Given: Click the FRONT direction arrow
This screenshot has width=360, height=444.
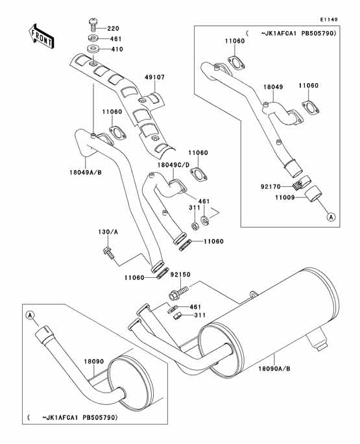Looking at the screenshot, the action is [42, 36].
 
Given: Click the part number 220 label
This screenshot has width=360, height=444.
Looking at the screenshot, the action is [114, 29].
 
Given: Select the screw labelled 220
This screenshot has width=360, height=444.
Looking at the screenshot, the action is [93, 25].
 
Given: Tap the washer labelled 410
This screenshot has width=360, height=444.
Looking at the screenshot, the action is [92, 49].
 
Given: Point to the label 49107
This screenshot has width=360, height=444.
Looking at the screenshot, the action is [155, 77].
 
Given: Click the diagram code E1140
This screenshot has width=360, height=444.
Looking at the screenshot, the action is [329, 19].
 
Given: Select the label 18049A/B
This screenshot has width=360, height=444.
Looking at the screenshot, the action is [86, 172].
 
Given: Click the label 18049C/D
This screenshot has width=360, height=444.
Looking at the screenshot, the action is [174, 165].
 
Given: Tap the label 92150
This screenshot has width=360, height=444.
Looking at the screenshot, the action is [180, 275].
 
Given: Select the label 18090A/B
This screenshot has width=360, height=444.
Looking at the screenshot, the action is [274, 369].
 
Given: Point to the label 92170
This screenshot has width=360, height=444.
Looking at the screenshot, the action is [270, 186].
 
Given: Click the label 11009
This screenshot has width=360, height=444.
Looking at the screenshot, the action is [285, 197].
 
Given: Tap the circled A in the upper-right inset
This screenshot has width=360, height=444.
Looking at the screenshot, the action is [331, 217].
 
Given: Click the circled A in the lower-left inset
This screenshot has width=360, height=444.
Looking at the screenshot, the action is [30, 315].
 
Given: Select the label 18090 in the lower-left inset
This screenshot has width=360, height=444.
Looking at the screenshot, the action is [93, 362].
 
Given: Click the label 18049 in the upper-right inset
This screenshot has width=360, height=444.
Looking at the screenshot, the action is [273, 87].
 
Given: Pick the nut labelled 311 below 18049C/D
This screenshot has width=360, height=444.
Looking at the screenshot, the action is [195, 226].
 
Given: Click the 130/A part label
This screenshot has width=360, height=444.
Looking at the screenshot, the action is [108, 232].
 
